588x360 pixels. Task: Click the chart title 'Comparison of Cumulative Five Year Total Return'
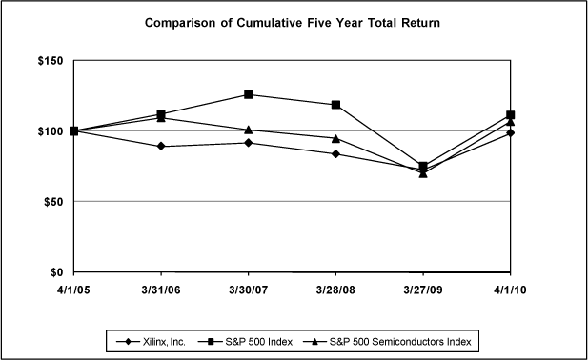pyautogui.click(x=293, y=21)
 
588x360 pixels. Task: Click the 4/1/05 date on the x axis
pyautogui.click(x=73, y=290)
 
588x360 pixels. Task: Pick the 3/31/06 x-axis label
pyautogui.click(x=161, y=290)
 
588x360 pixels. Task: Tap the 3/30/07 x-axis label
pyautogui.click(x=249, y=290)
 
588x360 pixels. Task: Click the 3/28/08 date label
pyautogui.click(x=335, y=290)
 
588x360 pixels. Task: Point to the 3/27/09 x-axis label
pyautogui.click(x=423, y=290)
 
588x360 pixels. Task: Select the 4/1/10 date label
pyautogui.click(x=511, y=290)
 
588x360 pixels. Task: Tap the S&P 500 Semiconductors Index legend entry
pyautogui.click(x=396, y=339)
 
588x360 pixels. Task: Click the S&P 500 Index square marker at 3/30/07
pyautogui.click(x=249, y=94)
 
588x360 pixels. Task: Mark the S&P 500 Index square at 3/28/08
pyautogui.click(x=335, y=105)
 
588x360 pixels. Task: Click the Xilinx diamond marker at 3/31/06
pyautogui.click(x=161, y=146)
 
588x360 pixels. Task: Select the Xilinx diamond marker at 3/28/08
pyautogui.click(x=335, y=153)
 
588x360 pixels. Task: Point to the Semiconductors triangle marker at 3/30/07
pyautogui.click(x=249, y=130)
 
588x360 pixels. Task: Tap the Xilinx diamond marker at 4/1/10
pyautogui.click(x=511, y=132)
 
